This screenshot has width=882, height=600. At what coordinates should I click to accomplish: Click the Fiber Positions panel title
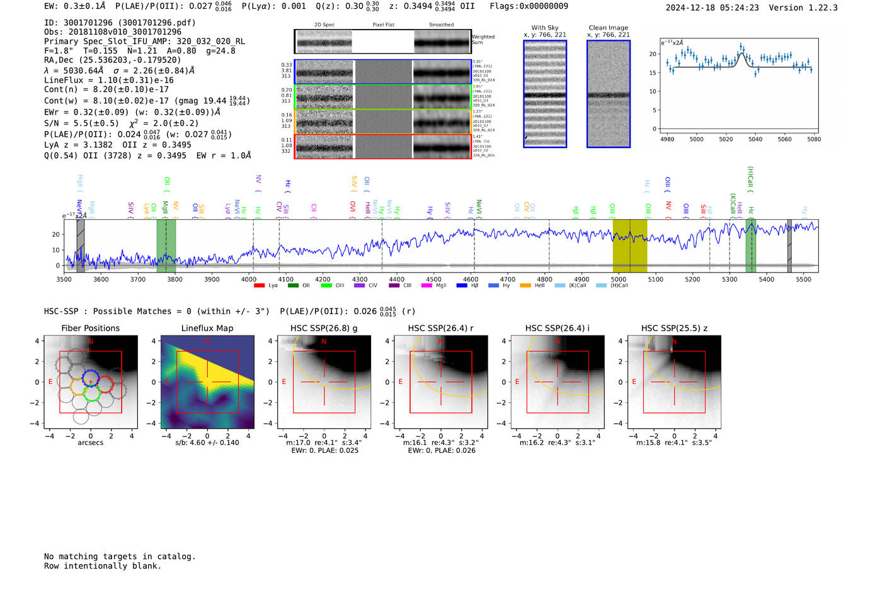coord(90,328)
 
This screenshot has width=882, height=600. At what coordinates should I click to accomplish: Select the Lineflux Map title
coord(207,328)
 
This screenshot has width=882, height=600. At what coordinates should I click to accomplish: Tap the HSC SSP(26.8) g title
coord(324,328)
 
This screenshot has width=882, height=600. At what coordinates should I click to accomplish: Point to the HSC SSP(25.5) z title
coord(674,328)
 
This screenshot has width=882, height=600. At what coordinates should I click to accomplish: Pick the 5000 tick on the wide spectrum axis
coord(619,280)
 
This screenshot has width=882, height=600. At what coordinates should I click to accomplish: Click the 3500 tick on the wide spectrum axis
coord(64,280)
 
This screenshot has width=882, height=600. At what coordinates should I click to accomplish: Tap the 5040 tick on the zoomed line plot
coord(755,139)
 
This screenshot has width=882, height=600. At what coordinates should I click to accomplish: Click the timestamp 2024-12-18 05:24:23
coord(712,8)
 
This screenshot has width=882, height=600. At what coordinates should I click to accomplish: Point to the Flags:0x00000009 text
coord(529,6)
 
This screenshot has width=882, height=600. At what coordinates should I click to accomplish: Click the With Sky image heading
coord(545,28)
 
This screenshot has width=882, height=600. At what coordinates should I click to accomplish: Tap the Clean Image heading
coord(609,28)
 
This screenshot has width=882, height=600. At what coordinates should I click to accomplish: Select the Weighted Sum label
coord(483,40)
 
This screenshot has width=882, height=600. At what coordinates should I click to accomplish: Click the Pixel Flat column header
coord(383,25)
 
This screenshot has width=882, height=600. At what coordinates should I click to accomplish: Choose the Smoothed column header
coord(442,25)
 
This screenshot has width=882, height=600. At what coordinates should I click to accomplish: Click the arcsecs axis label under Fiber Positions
coord(90,443)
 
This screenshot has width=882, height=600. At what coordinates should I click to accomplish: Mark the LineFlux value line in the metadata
coord(109,80)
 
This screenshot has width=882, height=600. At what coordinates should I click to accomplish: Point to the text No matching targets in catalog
coord(120,557)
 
